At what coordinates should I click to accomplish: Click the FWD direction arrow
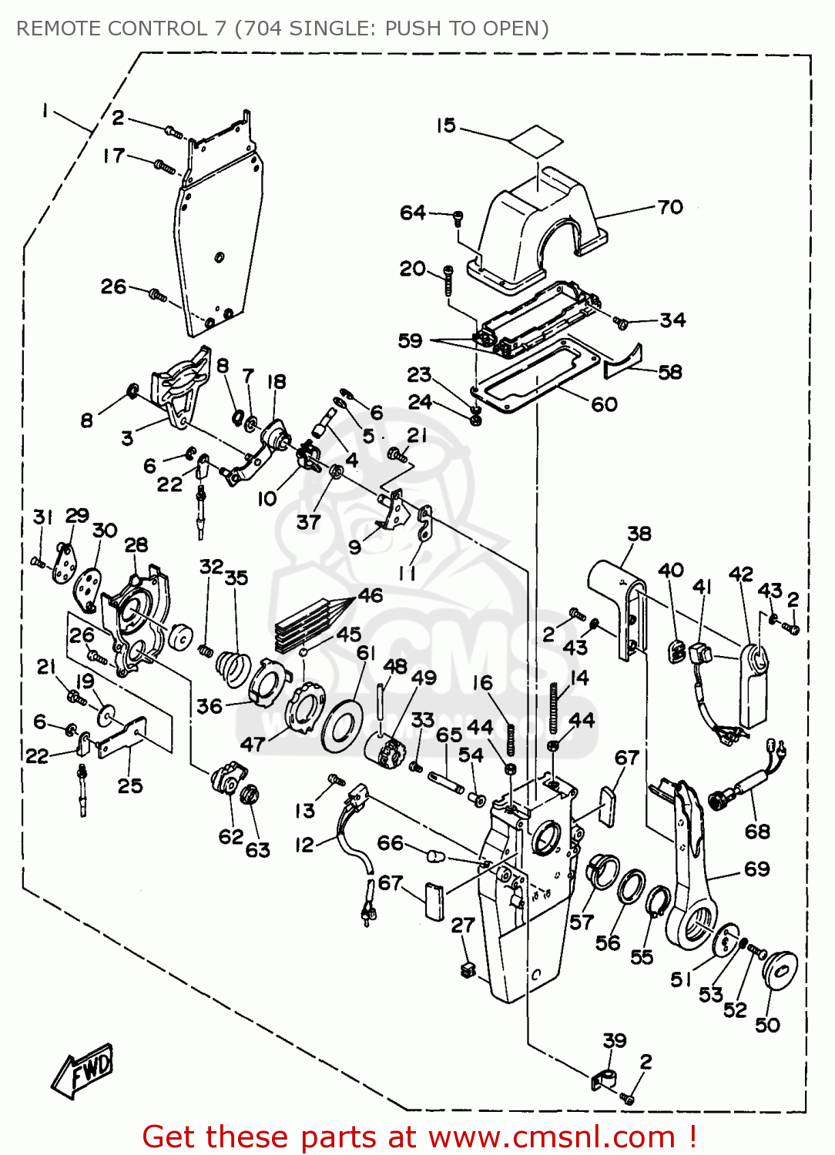tap(83, 1070)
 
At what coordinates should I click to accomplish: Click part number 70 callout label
tap(669, 207)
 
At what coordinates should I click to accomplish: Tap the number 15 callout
tap(446, 126)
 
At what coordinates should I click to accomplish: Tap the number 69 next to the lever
tap(756, 869)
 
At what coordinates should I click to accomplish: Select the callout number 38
tap(639, 534)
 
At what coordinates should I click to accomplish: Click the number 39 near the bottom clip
tap(614, 1040)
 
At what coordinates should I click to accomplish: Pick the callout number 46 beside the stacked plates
tap(370, 595)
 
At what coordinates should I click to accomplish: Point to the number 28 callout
tap(136, 545)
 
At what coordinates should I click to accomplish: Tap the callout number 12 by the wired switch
tap(304, 845)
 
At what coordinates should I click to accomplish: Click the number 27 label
tap(462, 925)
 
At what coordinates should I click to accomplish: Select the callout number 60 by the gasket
tap(604, 404)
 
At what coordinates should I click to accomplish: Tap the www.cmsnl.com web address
tap(552, 1137)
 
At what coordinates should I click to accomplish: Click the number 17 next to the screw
tap(113, 156)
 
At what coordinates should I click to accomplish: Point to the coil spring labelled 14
tap(553, 708)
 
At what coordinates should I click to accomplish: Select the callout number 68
tap(757, 831)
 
